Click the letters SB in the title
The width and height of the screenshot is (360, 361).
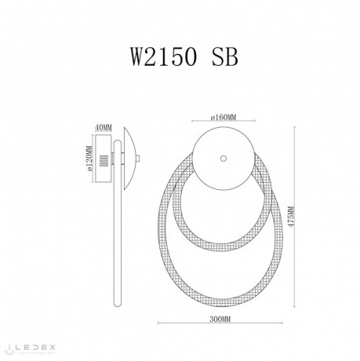point(220,56)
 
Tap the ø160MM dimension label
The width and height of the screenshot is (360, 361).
point(224,119)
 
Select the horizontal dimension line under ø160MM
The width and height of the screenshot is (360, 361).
point(224,123)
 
